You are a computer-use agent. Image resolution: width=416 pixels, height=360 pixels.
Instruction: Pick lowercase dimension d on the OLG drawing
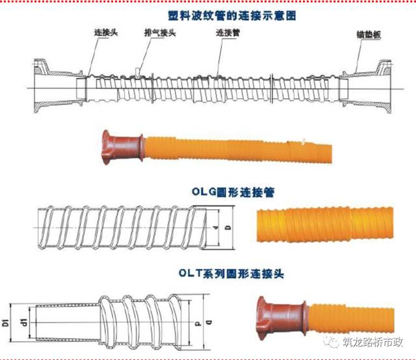[x=214, y=228]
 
